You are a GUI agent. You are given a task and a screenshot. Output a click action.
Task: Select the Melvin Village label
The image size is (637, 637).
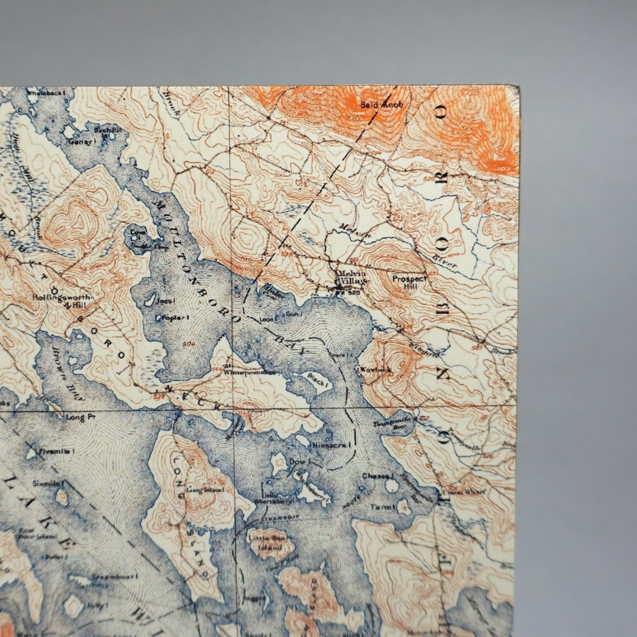[353, 277]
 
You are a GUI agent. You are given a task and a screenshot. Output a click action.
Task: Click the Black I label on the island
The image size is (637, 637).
[316, 378]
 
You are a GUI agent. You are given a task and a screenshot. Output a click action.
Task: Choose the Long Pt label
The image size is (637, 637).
[76, 417]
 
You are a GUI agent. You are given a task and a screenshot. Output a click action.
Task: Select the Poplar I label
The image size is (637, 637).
[175, 317]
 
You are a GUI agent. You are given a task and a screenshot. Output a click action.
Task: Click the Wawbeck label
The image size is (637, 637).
[377, 369]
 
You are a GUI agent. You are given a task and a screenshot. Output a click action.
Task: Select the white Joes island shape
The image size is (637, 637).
[150, 301]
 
